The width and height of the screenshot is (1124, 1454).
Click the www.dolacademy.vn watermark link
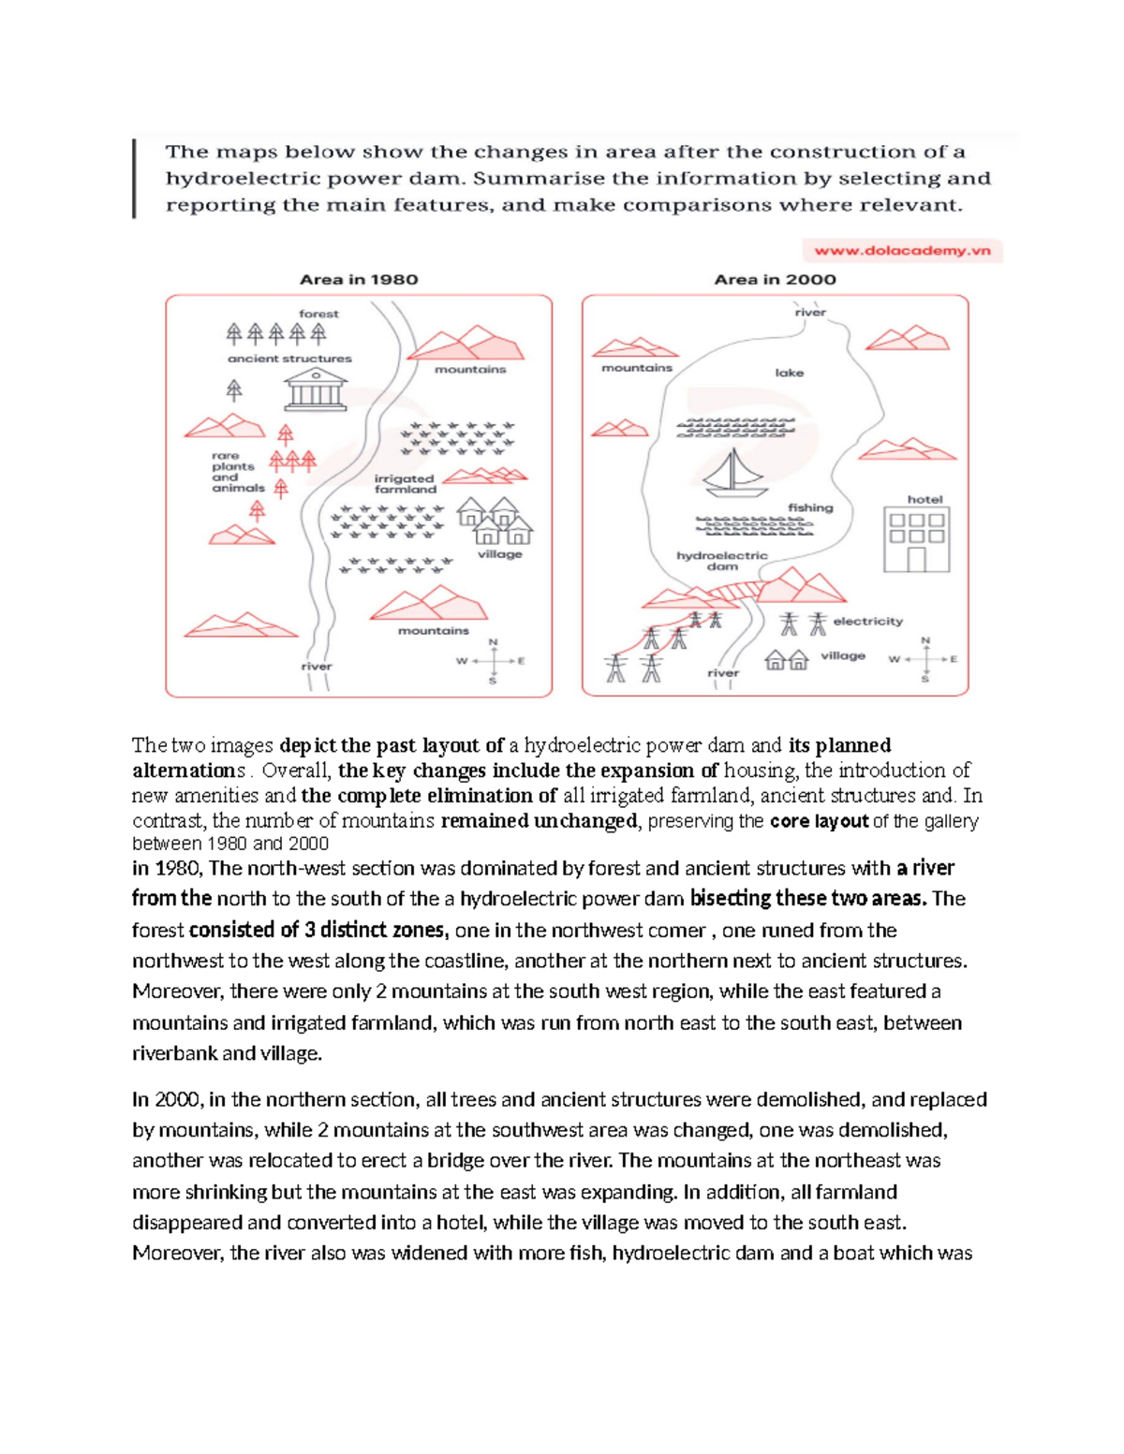(x=902, y=251)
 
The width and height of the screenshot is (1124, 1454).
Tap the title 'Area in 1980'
(x=359, y=279)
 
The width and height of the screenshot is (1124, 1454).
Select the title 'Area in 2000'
(x=775, y=279)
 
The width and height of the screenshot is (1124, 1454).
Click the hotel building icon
(x=916, y=539)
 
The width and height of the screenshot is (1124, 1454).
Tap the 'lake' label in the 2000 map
(x=789, y=373)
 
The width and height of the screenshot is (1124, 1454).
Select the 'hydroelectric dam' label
(x=721, y=561)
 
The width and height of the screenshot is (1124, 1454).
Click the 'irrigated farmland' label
(x=406, y=483)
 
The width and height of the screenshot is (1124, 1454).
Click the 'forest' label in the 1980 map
(x=318, y=314)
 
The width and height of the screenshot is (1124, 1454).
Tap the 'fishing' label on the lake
(x=809, y=507)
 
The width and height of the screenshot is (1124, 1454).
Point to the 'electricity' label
(x=867, y=621)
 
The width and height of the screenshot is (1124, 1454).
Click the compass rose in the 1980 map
(x=493, y=661)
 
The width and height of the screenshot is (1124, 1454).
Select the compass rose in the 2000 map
(x=925, y=659)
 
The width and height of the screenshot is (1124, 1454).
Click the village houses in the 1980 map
(x=494, y=521)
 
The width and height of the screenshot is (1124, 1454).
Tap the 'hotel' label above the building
(x=924, y=499)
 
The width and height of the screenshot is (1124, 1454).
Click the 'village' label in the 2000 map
(x=843, y=655)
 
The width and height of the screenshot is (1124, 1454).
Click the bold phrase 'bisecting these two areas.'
(x=807, y=899)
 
